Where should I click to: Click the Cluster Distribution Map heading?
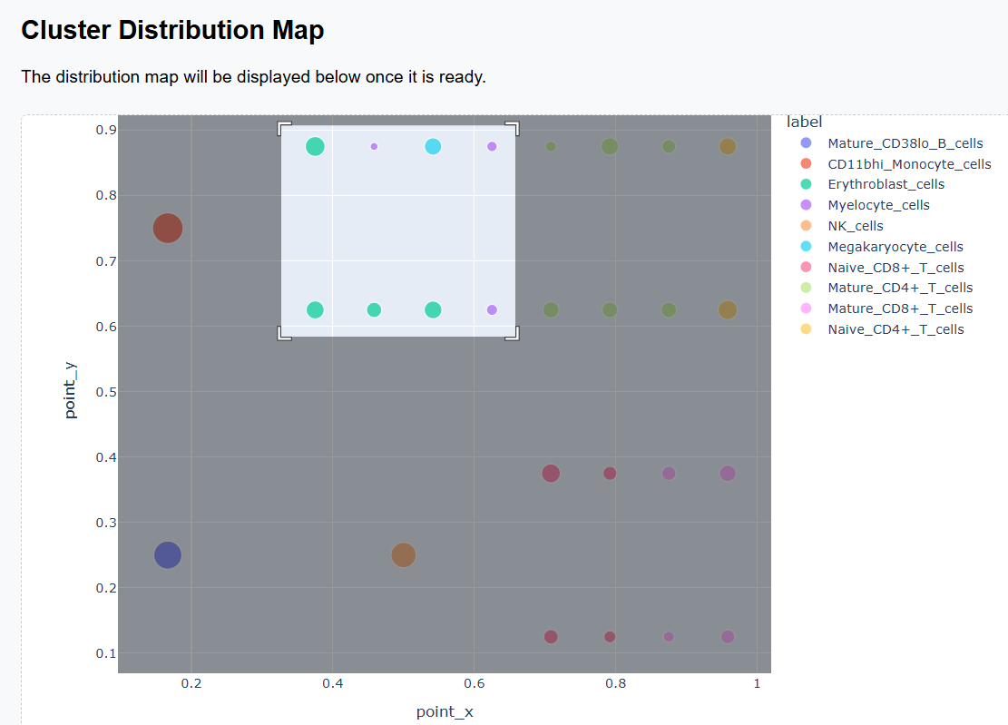click(x=172, y=30)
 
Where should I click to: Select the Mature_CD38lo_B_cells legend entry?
click(x=905, y=143)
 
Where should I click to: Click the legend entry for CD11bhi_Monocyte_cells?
click(x=909, y=164)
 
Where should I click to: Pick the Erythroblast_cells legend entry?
click(x=886, y=184)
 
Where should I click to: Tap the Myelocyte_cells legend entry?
click(x=878, y=205)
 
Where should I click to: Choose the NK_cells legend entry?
click(x=855, y=226)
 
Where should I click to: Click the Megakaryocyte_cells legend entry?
click(x=895, y=247)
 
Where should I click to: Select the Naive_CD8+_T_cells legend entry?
click(x=895, y=268)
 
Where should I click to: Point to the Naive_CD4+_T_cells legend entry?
click(x=895, y=329)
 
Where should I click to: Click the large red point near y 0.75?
click(x=167, y=229)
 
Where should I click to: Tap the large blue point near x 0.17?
click(x=167, y=555)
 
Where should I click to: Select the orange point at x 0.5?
click(x=404, y=555)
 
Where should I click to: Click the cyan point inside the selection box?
click(x=433, y=146)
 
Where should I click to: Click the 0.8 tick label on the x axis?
click(x=616, y=683)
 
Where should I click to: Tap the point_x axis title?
click(x=445, y=711)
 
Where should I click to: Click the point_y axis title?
click(x=71, y=390)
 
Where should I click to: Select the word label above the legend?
click(x=804, y=122)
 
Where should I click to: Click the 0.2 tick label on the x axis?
click(x=191, y=683)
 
